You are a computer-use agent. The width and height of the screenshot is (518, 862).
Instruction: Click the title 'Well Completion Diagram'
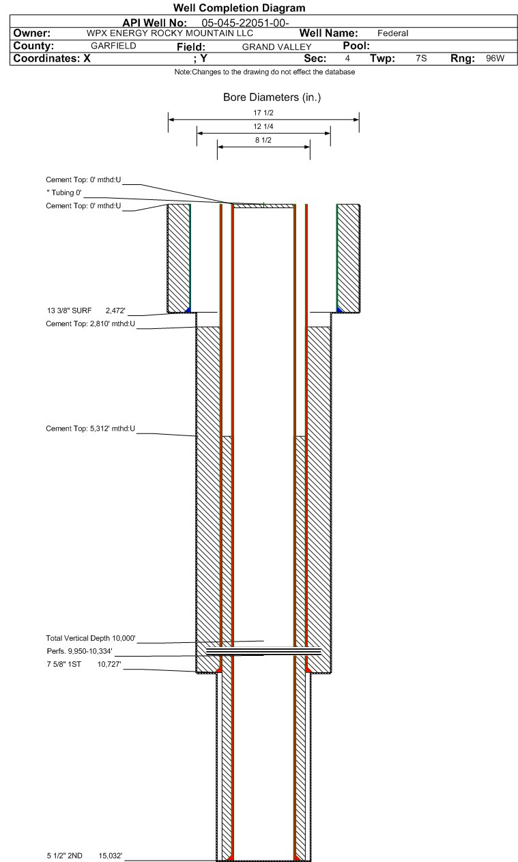[240, 8]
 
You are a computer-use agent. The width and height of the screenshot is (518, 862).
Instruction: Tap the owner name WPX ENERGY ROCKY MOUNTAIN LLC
[170, 33]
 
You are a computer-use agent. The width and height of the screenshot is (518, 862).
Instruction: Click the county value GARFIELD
[113, 46]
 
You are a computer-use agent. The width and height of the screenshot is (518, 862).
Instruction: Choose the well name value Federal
[392, 33]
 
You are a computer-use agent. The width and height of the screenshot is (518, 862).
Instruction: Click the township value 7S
[421, 59]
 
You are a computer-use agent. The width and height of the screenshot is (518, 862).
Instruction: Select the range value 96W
[495, 59]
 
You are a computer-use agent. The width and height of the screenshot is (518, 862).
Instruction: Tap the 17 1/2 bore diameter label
[263, 113]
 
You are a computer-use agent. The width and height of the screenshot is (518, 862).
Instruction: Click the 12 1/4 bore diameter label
[263, 128]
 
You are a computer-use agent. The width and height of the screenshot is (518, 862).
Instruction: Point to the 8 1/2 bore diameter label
[263, 141]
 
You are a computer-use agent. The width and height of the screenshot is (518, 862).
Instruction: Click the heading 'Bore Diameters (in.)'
[272, 98]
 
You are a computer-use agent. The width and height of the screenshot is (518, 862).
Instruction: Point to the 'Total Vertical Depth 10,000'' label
[91, 638]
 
